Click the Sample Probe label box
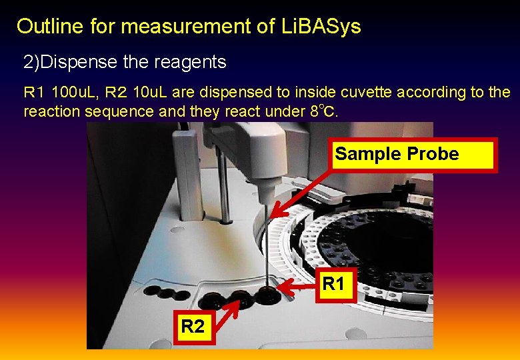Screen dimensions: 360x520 pos(413,155)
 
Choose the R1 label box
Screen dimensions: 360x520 pos(333,285)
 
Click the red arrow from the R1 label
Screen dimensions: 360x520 pos(297,287)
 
